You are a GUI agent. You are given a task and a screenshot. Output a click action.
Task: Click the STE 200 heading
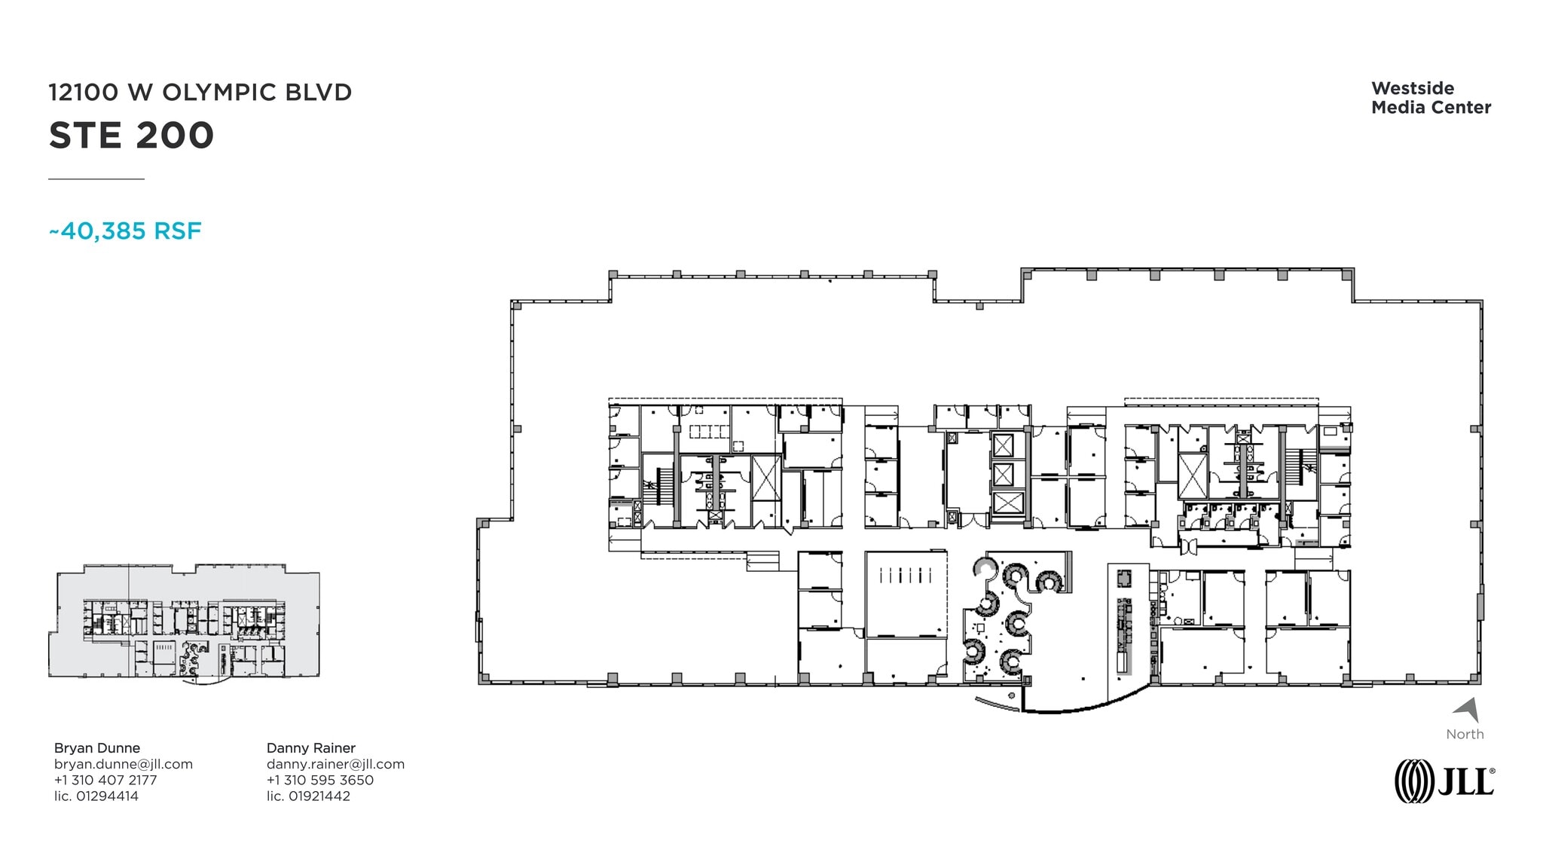click(x=132, y=136)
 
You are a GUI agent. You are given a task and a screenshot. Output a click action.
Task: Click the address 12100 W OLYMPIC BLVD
click(x=200, y=92)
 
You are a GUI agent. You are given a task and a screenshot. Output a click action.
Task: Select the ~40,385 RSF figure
click(x=125, y=231)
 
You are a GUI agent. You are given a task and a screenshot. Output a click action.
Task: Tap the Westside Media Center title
click(x=1431, y=98)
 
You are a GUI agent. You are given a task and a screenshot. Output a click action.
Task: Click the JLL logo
click(x=1444, y=781)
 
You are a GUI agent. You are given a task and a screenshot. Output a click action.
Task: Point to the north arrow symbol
click(x=1468, y=710)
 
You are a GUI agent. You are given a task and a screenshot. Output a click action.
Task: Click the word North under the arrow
click(x=1465, y=734)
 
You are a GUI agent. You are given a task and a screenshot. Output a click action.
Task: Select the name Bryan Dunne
click(x=97, y=747)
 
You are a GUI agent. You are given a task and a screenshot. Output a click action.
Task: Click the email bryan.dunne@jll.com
click(x=124, y=764)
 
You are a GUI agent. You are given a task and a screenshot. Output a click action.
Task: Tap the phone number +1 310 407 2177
click(x=105, y=780)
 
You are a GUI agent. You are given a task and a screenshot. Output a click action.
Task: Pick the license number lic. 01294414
click(x=96, y=796)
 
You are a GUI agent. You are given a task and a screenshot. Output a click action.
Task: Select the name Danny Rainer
click(x=311, y=747)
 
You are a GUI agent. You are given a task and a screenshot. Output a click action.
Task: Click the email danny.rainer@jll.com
click(x=335, y=764)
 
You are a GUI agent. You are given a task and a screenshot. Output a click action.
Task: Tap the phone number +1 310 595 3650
click(x=320, y=780)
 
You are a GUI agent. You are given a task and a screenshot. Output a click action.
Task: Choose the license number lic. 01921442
click(x=308, y=796)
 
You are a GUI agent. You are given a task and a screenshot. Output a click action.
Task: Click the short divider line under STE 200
click(x=96, y=179)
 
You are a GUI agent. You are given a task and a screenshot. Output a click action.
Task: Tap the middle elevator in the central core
click(x=1004, y=474)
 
